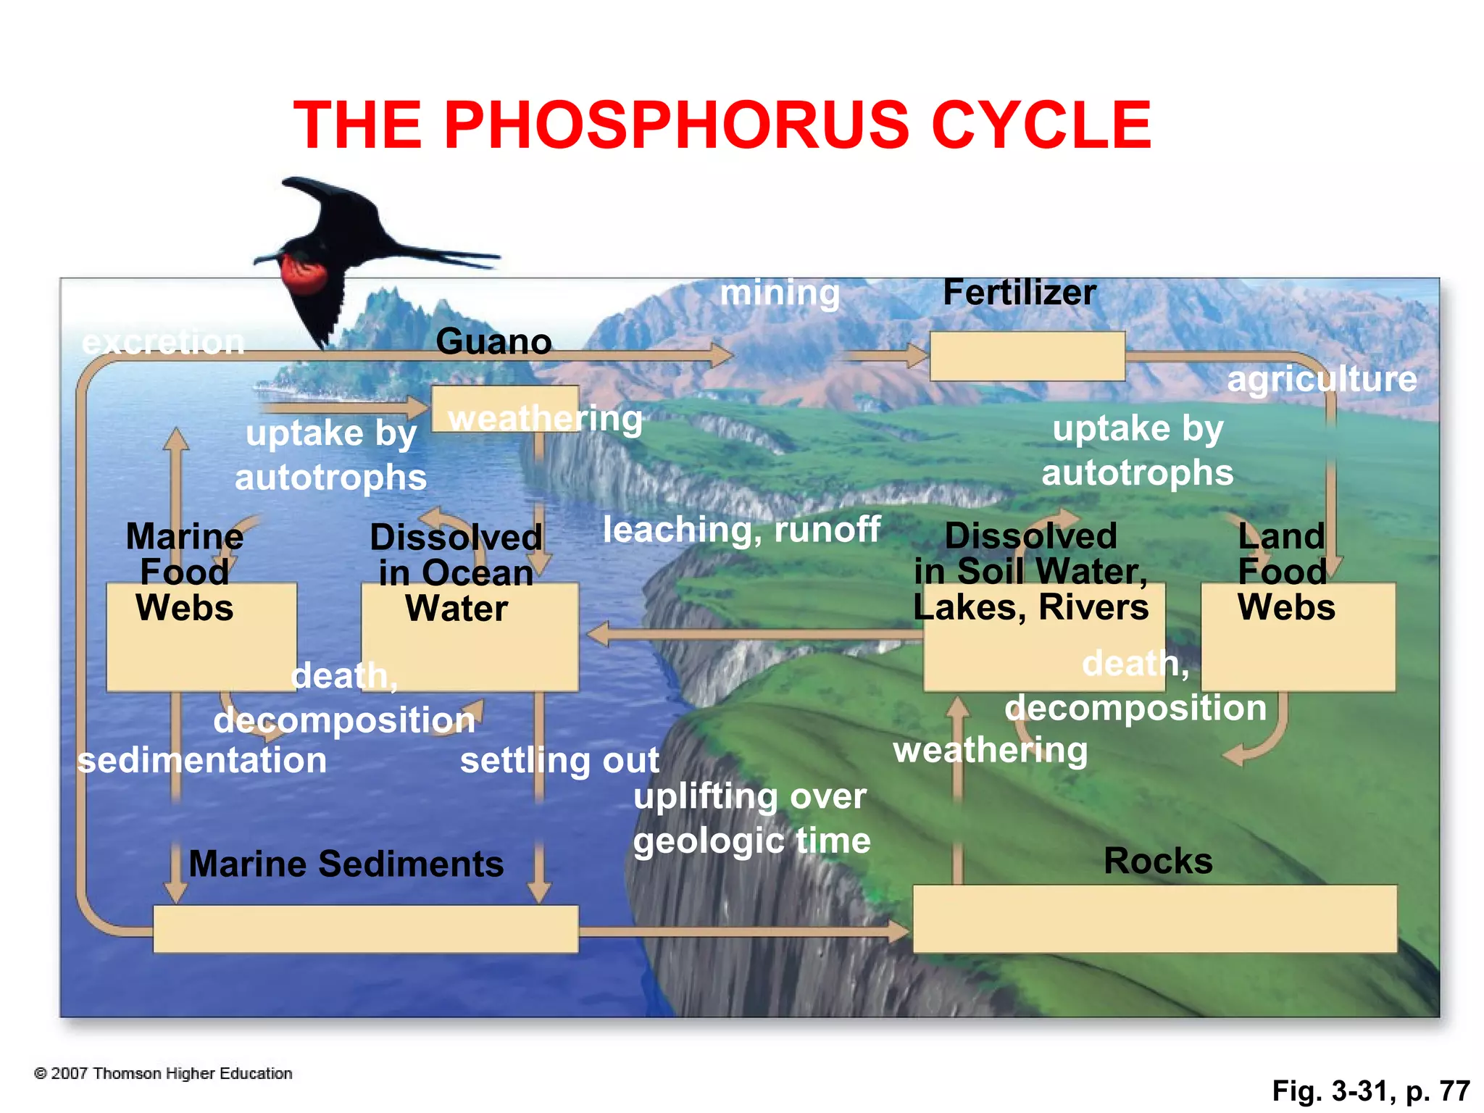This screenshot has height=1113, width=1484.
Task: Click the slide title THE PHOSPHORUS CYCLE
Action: pos(722,125)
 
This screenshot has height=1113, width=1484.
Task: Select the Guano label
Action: pos(493,341)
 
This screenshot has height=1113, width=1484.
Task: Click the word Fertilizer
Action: pos(1019,293)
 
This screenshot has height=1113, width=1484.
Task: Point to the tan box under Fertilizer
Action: pos(1027,357)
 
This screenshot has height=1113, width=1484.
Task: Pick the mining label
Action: pos(780,293)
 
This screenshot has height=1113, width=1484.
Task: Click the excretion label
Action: pos(163,342)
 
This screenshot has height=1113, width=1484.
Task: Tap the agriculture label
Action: pos(1322,379)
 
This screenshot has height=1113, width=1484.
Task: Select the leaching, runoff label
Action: pos(741,530)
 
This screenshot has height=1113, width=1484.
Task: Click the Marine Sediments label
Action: pos(346,864)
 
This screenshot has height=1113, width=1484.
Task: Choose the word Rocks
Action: pos(1158,861)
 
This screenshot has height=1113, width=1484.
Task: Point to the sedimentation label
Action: pos(202,761)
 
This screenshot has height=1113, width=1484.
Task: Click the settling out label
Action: pos(559,761)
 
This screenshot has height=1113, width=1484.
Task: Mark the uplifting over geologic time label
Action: pos(751,819)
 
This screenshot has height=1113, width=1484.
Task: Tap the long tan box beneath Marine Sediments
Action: pos(365,929)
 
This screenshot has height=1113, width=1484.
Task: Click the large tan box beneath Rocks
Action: pos(1154,919)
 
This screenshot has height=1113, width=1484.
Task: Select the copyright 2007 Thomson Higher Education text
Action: pos(164,1073)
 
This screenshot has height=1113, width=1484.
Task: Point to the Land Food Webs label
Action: pos(1285,572)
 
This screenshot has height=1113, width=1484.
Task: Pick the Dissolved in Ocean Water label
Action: pos(456,573)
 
